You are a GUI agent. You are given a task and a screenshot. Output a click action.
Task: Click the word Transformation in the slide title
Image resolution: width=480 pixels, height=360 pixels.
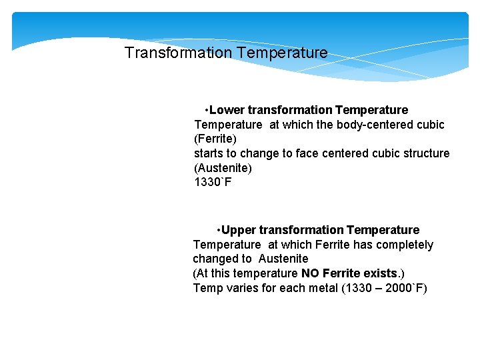click(179, 53)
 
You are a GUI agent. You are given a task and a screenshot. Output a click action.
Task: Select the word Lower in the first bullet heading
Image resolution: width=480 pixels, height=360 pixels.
click(227, 110)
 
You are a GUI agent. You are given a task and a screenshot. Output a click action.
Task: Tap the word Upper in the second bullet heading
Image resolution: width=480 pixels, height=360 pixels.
click(238, 231)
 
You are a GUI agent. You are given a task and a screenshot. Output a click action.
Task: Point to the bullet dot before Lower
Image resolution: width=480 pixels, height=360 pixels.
click(208, 110)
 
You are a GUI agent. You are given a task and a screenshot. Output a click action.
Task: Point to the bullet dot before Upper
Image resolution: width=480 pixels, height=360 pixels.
click(219, 231)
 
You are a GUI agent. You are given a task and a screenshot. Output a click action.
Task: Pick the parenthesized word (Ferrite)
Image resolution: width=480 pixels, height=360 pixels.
click(215, 139)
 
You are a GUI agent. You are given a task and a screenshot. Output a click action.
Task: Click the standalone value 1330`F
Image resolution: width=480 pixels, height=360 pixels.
click(213, 182)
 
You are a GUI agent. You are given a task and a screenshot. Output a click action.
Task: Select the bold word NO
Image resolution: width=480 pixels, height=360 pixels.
click(310, 273)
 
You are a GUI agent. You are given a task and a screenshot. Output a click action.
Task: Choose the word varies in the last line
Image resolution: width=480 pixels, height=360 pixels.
click(237, 288)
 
